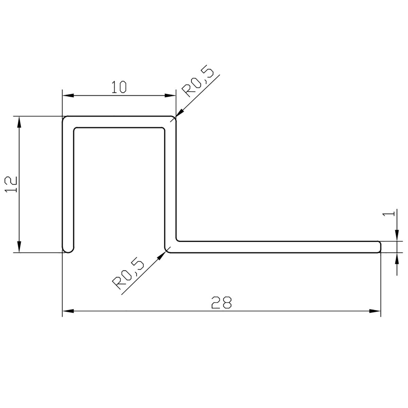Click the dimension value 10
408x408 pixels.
pos(119,87)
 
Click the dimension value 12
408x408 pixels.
pos(11,185)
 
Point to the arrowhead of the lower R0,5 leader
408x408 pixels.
pos(161,255)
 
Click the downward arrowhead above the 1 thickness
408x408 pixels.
pos(397,236)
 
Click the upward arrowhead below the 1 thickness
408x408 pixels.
pos(397,257)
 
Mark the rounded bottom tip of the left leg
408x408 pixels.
pos(68,251)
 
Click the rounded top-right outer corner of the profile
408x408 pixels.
pos(174,119)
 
